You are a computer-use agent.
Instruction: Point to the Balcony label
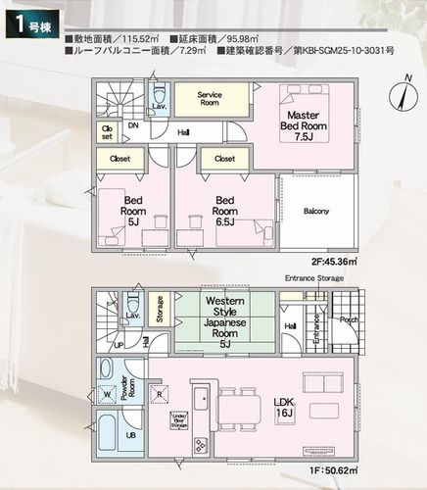pyautogui.click(x=315, y=212)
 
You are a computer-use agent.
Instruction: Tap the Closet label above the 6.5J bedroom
pyautogui.click(x=223, y=157)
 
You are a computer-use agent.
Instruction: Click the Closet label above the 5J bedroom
pyautogui.click(x=120, y=157)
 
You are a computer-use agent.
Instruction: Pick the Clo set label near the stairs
pyautogui.click(x=107, y=131)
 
